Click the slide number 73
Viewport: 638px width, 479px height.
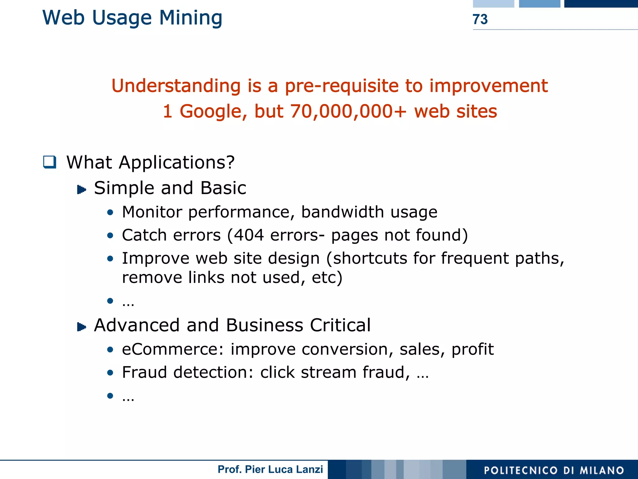480,19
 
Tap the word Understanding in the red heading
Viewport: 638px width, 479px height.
176,86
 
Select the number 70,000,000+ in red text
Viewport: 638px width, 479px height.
348,111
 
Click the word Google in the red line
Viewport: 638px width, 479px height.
213,112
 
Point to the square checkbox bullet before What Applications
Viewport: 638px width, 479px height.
50,162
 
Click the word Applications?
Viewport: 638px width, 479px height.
177,162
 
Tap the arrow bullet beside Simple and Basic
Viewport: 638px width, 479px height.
81,189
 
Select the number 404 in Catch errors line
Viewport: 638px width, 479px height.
249,235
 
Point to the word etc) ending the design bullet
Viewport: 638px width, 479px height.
327,277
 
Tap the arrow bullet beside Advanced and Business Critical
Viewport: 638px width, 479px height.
81,327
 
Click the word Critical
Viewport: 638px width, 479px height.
340,325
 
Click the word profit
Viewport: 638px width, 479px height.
473,349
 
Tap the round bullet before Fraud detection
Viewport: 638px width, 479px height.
110,372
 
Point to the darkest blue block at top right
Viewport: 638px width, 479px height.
601,3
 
